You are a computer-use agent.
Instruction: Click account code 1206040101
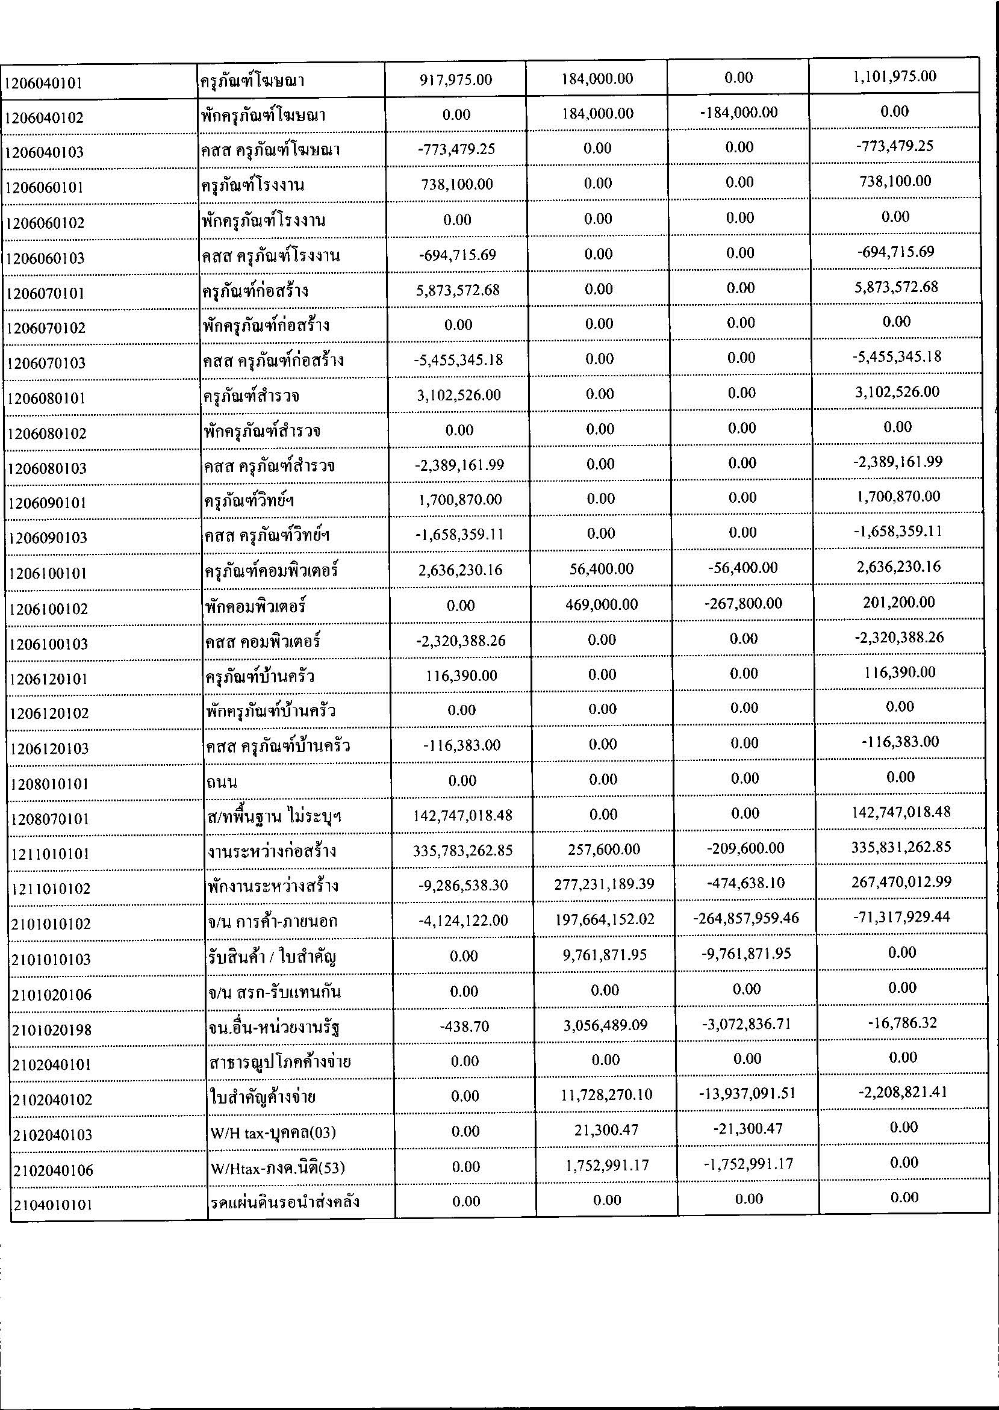(43, 82)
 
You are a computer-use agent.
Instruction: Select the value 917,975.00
(456, 79)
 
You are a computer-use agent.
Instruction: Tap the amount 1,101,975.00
(894, 76)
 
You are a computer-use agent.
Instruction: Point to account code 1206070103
(46, 363)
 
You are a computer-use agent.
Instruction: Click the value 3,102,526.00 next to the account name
(458, 395)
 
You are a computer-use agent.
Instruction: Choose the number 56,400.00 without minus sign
(601, 569)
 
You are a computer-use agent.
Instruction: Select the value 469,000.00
(601, 604)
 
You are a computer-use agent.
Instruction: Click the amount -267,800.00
(743, 603)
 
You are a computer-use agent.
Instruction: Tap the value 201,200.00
(898, 602)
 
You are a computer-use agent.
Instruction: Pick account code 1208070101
(49, 819)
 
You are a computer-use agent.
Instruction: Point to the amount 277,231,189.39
(602, 884)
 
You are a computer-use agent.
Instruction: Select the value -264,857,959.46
(745, 919)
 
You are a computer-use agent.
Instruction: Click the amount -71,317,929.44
(901, 918)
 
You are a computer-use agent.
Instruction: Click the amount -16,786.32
(902, 1023)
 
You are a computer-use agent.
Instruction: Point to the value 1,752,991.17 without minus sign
(606, 1165)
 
